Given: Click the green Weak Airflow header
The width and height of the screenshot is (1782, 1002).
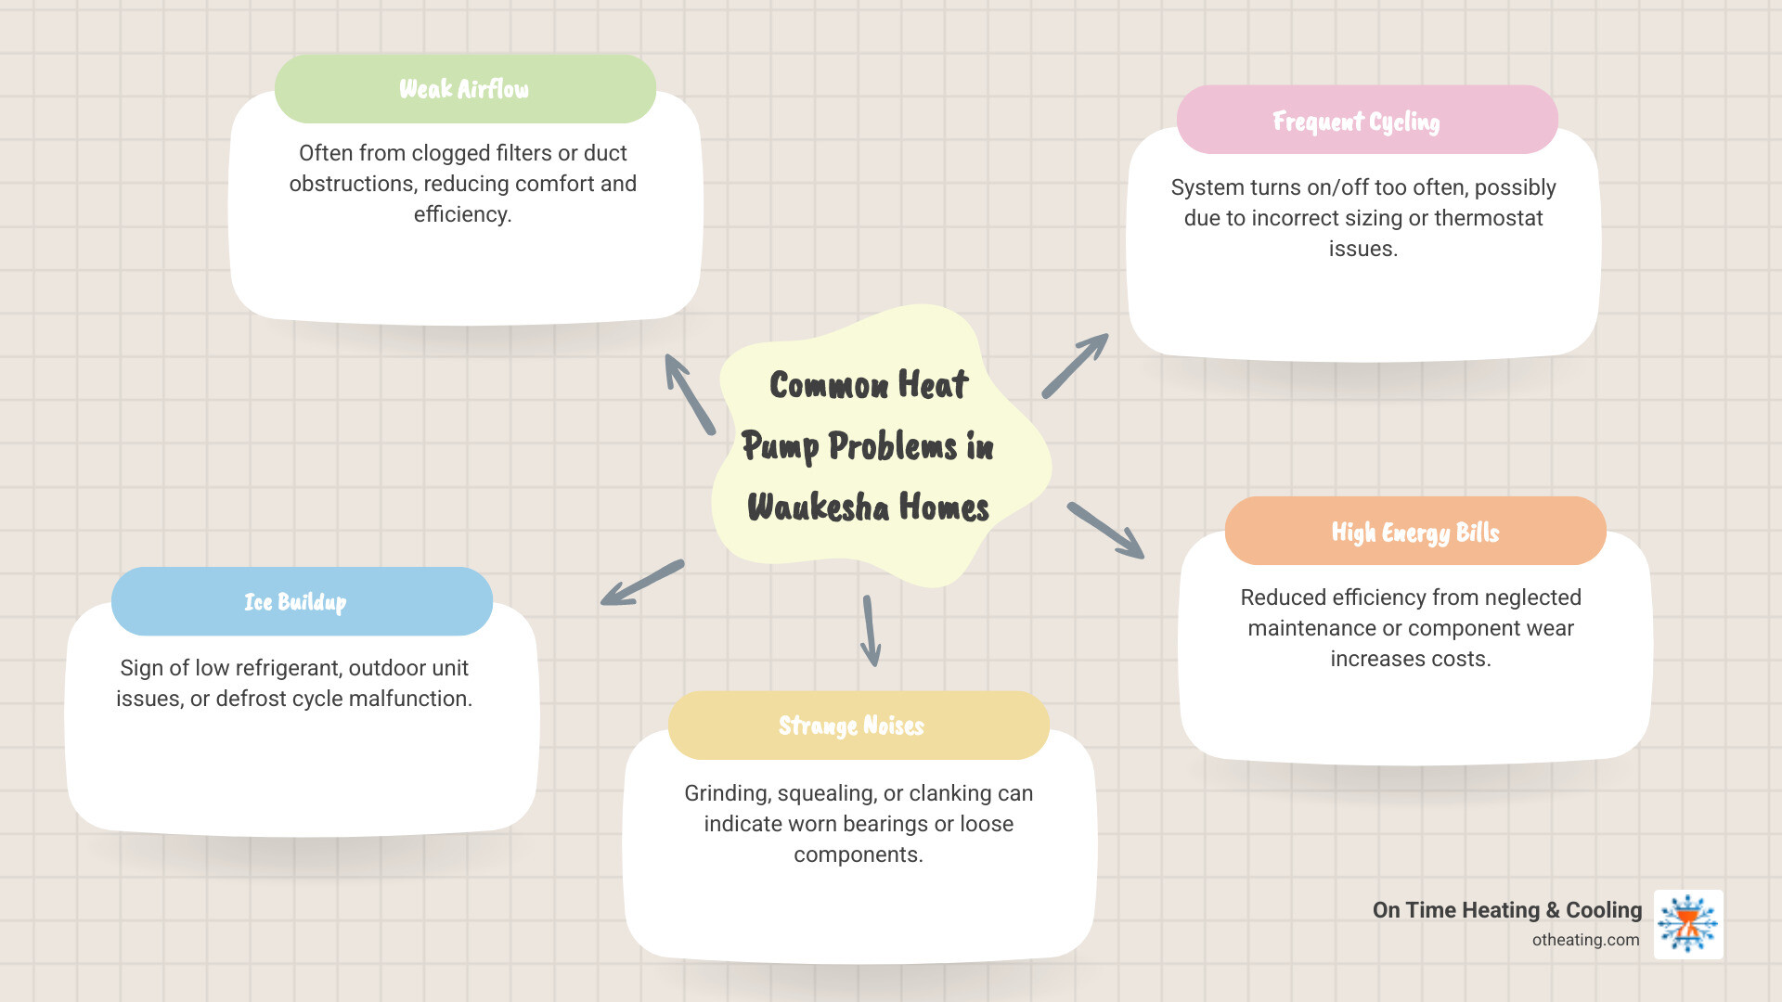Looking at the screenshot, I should pyautogui.click(x=464, y=89).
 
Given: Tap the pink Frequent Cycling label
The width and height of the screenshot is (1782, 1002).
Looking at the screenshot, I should pyautogui.click(x=1356, y=122).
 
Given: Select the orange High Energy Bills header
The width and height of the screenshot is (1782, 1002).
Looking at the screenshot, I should pyautogui.click(x=1414, y=532).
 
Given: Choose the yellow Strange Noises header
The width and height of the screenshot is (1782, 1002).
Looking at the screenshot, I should pyautogui.click(x=851, y=726).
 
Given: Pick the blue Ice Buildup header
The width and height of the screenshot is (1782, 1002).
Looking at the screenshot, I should pyautogui.click(x=295, y=602).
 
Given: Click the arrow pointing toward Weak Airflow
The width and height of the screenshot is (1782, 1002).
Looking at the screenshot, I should pyautogui.click(x=689, y=393).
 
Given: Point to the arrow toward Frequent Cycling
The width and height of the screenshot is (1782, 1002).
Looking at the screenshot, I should pyautogui.click(x=1075, y=366).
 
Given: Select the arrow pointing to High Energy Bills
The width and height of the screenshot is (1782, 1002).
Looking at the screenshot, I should pyautogui.click(x=1105, y=530).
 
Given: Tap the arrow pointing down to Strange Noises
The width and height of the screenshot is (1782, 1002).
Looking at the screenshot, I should pyautogui.click(x=871, y=631).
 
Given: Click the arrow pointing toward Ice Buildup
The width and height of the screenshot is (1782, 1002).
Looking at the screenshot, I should pyautogui.click(x=642, y=583).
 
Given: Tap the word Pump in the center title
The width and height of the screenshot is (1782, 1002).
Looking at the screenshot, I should pyautogui.click(x=780, y=447).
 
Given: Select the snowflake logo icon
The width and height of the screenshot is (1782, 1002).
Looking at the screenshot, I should pyautogui.click(x=1688, y=924).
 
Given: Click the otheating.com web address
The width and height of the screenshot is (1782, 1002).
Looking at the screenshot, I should pyautogui.click(x=1585, y=940).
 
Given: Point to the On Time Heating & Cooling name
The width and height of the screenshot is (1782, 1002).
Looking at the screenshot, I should pyautogui.click(x=1506, y=910).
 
